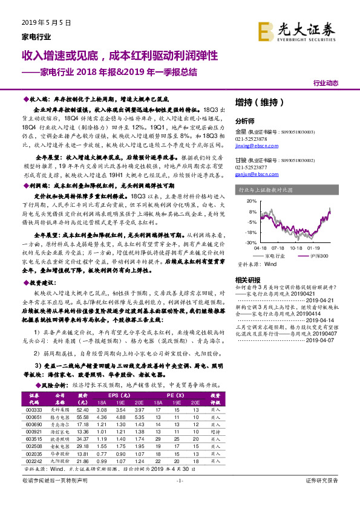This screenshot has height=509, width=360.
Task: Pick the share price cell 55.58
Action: tap(83, 417)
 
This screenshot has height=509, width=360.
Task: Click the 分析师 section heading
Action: tap(244, 121)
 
